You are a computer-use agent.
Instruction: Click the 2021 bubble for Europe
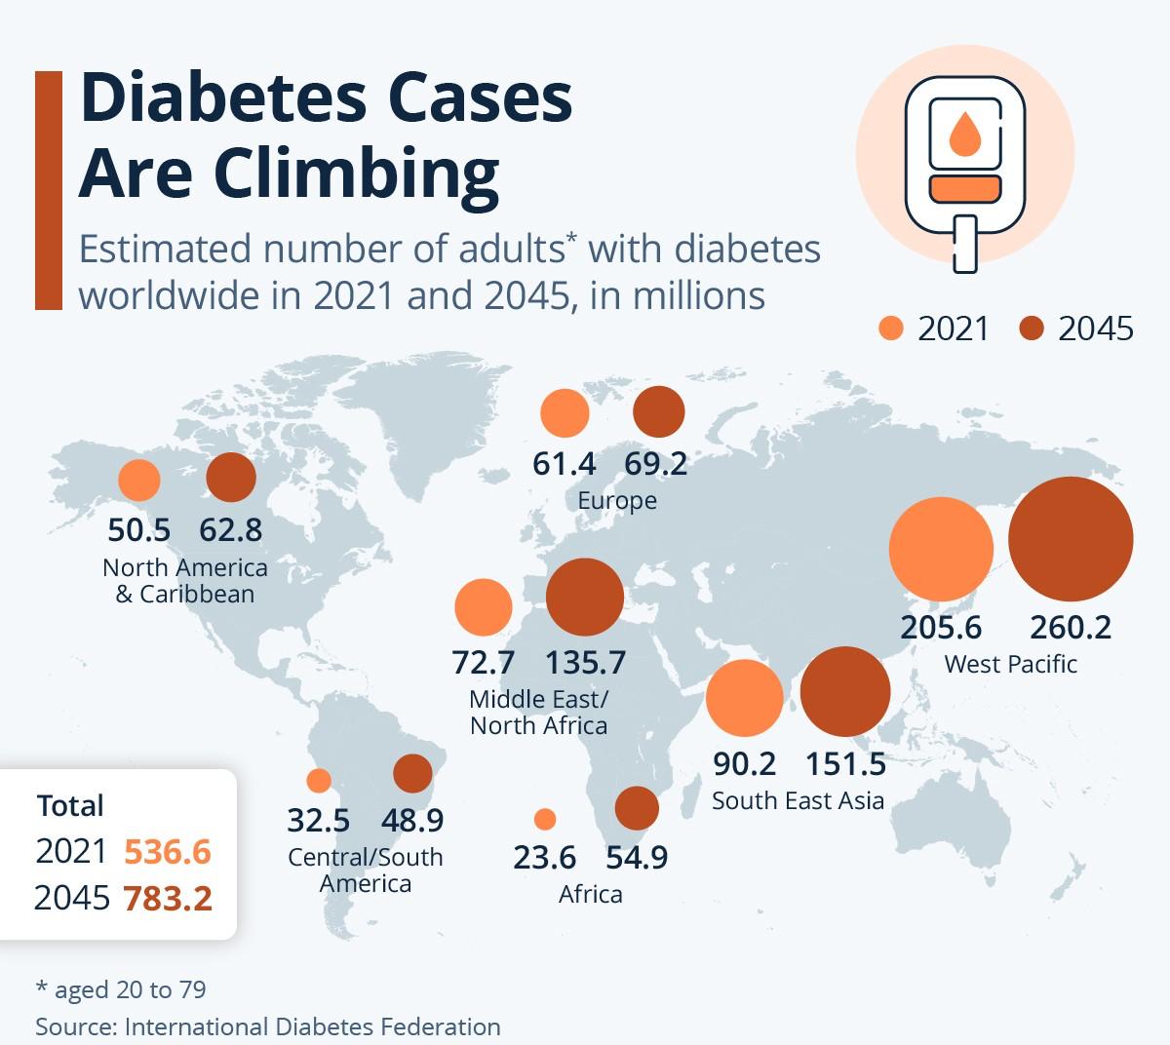click(x=565, y=412)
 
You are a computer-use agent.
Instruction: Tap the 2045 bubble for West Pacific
click(x=1071, y=539)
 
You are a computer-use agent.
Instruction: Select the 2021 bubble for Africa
click(x=545, y=819)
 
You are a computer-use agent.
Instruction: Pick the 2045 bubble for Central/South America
click(x=412, y=774)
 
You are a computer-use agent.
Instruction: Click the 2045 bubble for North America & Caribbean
click(x=231, y=478)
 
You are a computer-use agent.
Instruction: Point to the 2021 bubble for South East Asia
click(x=744, y=697)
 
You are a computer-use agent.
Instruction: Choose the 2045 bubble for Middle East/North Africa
click(x=584, y=598)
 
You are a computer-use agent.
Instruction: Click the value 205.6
click(x=941, y=627)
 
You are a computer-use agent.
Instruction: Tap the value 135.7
click(x=585, y=663)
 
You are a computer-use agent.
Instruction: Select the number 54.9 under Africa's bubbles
click(x=637, y=858)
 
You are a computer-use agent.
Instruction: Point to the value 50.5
click(x=138, y=530)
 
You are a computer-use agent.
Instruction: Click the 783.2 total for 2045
click(x=168, y=898)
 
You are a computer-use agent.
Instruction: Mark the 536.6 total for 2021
click(x=168, y=851)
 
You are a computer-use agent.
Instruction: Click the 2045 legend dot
click(x=1032, y=329)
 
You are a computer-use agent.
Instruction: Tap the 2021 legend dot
click(x=891, y=329)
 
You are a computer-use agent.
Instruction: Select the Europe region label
click(x=617, y=501)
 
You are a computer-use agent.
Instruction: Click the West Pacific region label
click(x=1010, y=665)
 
